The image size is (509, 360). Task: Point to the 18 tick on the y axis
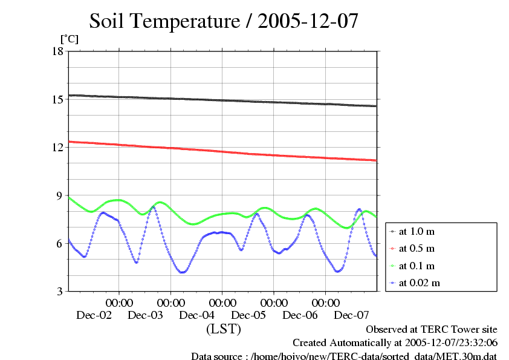pos(58,51)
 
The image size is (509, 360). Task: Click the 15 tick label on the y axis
pos(58,99)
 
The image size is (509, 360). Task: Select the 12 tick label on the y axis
pos(58,147)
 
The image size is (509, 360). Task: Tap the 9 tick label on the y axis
pos(60,195)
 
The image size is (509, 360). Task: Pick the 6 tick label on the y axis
pos(60,243)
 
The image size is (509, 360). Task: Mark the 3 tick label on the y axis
pos(60,292)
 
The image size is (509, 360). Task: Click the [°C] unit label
pos(68,39)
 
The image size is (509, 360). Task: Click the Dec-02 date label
pos(94,315)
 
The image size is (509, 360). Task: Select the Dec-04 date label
pos(197,315)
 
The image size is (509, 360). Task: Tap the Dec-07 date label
pos(352,315)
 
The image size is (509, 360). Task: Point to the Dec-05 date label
pos(249,315)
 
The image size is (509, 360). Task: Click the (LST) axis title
pos(224,330)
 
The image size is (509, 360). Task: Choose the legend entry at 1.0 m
pos(417,232)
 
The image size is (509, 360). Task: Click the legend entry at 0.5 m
pos(417,249)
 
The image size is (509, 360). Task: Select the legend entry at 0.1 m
pos(417,266)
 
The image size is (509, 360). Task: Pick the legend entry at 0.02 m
pos(420,283)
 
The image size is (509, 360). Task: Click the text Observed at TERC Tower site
pos(432,330)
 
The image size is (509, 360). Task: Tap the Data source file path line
pos(344,356)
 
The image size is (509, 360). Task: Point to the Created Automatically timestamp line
pos(395,343)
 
